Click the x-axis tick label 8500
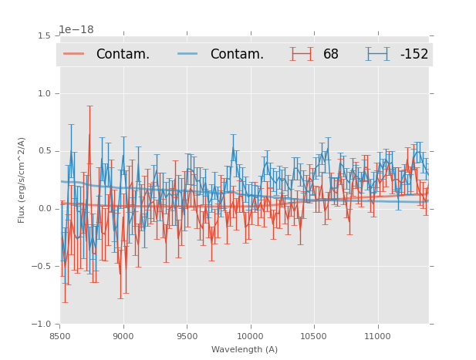coord(59,336)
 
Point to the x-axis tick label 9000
coord(123,336)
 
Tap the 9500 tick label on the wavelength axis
coord(187,336)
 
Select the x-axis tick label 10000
coord(250,336)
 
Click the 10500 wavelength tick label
coord(313,336)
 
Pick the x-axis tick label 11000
coord(377,336)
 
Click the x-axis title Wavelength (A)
coord(245,349)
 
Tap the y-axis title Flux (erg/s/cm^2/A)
coord(22,180)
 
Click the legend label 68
coord(331,55)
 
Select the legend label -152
coord(414,55)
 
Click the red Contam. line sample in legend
coord(74,54)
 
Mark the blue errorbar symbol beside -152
coord(378,54)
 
